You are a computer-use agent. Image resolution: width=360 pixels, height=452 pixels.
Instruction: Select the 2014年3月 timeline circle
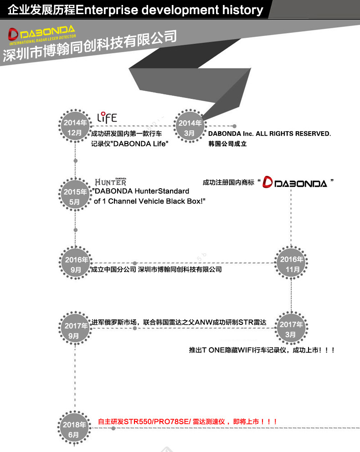(190, 128)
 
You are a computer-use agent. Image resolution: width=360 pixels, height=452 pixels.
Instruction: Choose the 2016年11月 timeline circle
(292, 264)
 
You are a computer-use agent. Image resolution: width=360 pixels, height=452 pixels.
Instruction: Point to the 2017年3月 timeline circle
(292, 329)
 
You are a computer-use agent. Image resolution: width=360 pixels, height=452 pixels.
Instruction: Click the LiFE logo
(108, 117)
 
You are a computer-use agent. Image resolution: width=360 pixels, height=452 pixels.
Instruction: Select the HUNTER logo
(110, 181)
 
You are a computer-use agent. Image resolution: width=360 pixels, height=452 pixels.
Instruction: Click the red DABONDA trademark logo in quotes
(295, 183)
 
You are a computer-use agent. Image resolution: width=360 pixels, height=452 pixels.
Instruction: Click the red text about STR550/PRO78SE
(188, 422)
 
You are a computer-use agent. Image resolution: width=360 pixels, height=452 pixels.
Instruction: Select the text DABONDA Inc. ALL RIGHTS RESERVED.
(269, 134)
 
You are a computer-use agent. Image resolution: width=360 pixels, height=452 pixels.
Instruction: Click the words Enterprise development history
(170, 10)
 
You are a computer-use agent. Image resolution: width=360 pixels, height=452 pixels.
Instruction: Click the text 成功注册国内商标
(228, 183)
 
